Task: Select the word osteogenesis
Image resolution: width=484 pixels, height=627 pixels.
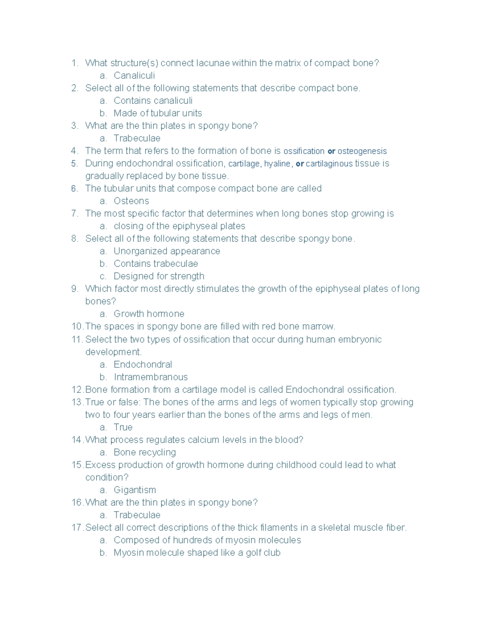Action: (362, 151)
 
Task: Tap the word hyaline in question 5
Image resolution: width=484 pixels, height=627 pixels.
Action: (277, 164)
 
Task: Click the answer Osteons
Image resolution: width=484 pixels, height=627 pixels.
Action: (131, 201)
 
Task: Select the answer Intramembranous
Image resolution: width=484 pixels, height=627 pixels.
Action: (150, 377)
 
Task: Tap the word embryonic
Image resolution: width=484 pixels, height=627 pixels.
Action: (360, 339)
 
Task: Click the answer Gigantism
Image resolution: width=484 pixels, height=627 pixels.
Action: (135, 490)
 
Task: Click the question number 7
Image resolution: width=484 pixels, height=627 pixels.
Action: (74, 214)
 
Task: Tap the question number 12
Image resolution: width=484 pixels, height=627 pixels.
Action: (77, 390)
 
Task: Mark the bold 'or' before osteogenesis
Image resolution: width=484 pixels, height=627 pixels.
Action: (332, 151)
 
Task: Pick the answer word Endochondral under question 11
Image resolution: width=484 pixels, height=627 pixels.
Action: (143, 365)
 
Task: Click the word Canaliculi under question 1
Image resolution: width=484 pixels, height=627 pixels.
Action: (134, 75)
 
